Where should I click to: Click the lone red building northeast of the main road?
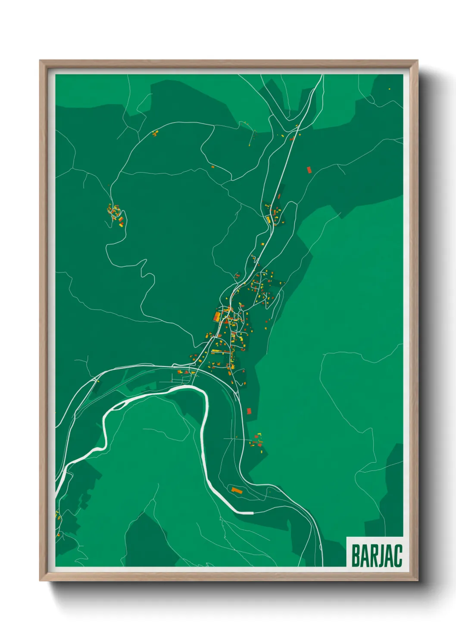pos(309,170)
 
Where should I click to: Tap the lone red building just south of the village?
pos(249,411)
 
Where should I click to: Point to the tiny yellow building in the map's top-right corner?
pos(389,89)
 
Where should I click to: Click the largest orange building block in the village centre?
pos(217,317)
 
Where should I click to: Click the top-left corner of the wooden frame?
pos(40,61)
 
